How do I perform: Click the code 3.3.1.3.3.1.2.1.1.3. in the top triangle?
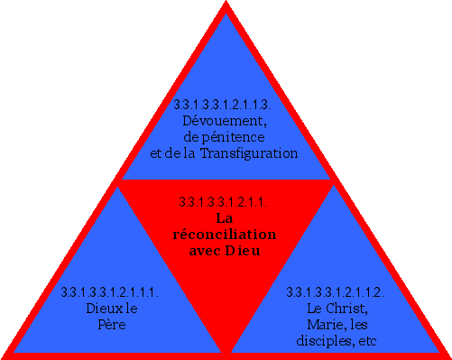click(225, 105)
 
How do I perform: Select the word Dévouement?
click(225, 120)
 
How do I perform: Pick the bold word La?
click(225, 217)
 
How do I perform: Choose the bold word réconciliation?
click(225, 234)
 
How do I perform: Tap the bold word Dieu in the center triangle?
click(241, 250)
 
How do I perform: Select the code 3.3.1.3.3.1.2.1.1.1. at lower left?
click(110, 292)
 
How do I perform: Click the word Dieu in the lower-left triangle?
click(98, 309)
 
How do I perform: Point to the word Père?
click(110, 325)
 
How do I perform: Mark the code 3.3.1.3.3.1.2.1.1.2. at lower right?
click(336, 292)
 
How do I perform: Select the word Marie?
click(323, 325)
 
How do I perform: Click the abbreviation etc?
click(364, 341)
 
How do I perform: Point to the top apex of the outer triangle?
click(226, 3)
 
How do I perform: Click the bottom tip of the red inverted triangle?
click(225, 349)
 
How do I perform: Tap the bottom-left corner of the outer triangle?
click(4, 355)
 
